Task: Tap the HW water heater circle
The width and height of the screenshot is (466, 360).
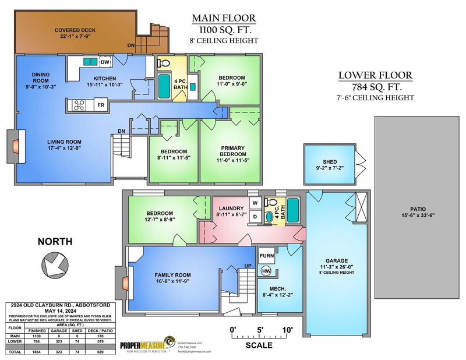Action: click(x=266, y=271)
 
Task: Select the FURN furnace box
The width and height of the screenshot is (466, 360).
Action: click(x=266, y=256)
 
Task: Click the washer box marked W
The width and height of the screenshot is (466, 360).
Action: click(x=255, y=204)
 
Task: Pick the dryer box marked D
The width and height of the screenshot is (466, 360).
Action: click(x=255, y=216)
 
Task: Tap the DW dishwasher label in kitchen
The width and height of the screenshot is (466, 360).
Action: click(x=105, y=62)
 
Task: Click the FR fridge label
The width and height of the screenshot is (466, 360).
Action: click(x=101, y=106)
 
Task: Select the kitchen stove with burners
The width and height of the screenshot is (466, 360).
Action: click(x=78, y=105)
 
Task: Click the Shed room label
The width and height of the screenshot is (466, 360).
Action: click(x=330, y=163)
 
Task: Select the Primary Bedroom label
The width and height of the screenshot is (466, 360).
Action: click(x=229, y=151)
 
